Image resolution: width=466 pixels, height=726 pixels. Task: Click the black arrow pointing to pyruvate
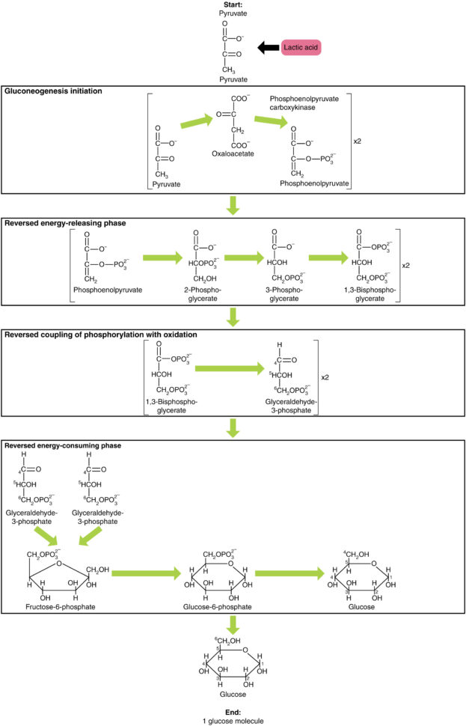(x=266, y=48)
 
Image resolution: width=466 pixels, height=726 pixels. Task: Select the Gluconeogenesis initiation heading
(x=54, y=91)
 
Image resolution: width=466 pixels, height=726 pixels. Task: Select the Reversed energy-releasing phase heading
(x=65, y=222)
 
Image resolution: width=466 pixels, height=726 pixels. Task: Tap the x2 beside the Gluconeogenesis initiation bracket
(x=359, y=140)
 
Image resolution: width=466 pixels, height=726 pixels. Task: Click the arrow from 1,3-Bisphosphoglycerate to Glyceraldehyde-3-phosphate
(x=233, y=368)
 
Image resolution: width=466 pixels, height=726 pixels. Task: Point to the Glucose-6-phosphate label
(x=217, y=607)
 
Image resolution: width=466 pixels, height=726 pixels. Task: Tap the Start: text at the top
(x=233, y=6)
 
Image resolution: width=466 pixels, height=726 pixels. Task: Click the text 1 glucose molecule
(x=233, y=720)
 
